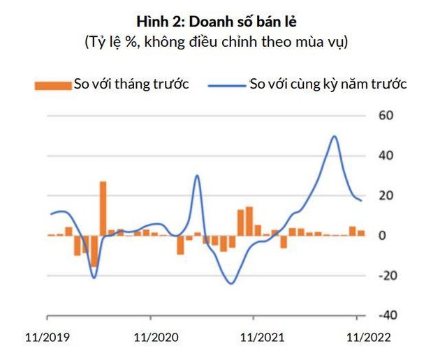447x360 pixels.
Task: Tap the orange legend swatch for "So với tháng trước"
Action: [x=53, y=85]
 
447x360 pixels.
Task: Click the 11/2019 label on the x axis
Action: [x=47, y=337]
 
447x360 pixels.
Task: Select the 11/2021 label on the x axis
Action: [x=262, y=337]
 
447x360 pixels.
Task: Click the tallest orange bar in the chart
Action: [x=103, y=208]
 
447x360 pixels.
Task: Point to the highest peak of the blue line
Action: [x=335, y=137]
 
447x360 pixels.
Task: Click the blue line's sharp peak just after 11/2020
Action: [x=197, y=176]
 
